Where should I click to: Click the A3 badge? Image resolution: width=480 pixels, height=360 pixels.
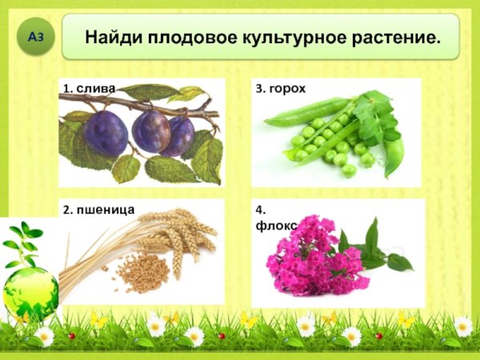click(34, 38)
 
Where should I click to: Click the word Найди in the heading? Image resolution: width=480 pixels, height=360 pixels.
click(111, 37)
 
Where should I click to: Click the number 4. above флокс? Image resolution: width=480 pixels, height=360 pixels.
click(260, 210)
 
